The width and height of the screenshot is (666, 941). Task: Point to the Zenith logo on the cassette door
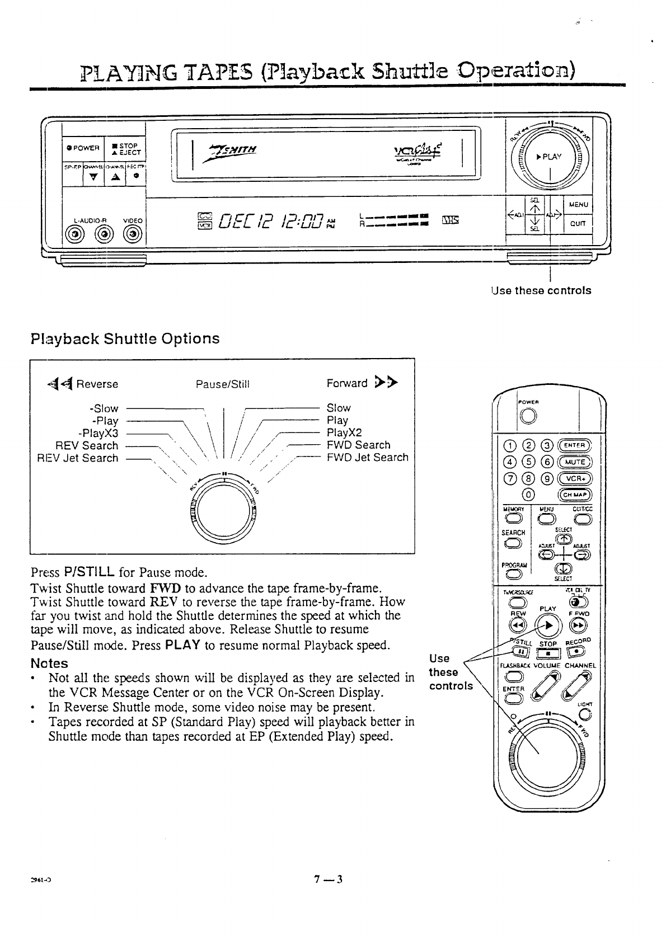coord(234,149)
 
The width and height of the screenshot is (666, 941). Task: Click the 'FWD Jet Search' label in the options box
coord(368,457)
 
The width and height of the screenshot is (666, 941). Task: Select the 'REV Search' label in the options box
coord(87,446)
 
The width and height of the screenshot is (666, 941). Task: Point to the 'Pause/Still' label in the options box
coord(222,384)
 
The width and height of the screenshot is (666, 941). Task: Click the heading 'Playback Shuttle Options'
coord(125,338)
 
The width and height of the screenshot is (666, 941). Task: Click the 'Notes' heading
coord(50,664)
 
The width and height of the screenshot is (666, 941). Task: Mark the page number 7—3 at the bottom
coord(328,879)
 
